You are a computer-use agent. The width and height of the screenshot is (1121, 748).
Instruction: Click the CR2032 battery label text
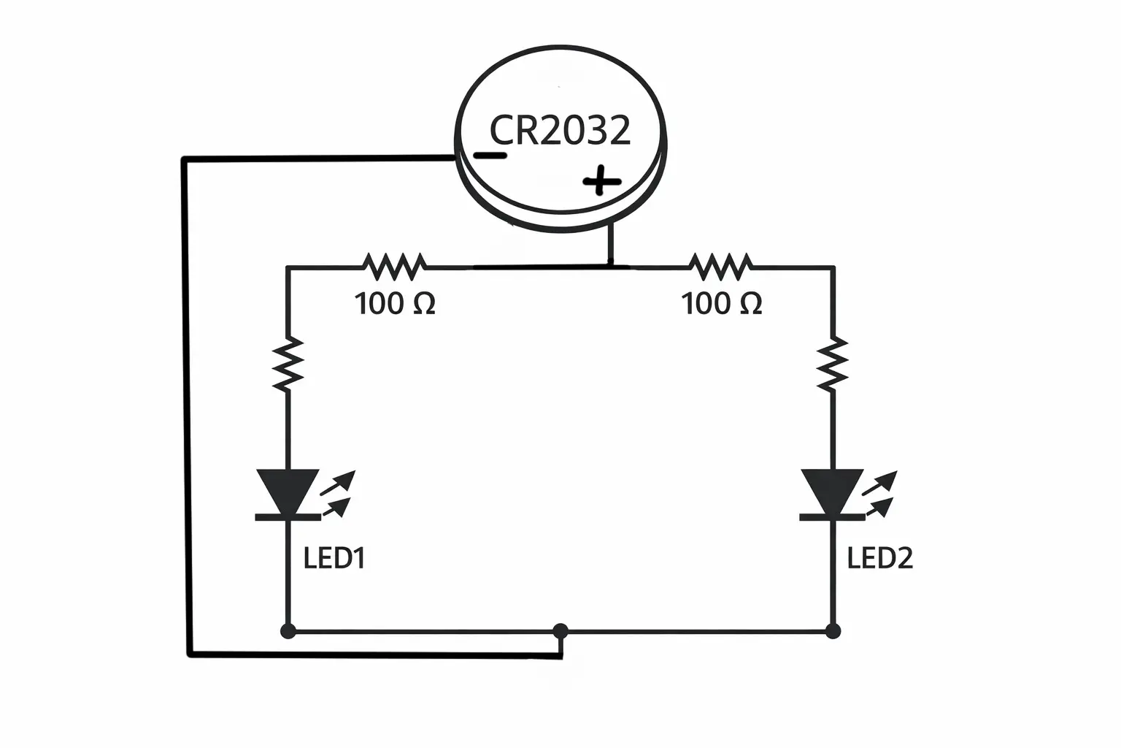pos(560,130)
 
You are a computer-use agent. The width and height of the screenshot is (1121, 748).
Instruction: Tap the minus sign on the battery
pos(490,156)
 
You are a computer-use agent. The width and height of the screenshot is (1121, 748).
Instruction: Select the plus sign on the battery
pos(602,180)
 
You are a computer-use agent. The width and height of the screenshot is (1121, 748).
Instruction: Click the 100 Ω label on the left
pos(395,304)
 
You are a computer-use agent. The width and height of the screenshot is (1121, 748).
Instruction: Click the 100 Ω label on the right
pos(722,304)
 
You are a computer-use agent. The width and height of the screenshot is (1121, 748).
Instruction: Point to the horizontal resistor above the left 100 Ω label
pos(394,267)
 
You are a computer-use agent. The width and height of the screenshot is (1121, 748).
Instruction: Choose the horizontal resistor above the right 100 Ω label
pos(720,267)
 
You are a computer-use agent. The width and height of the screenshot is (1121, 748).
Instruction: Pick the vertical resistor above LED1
pos(288,365)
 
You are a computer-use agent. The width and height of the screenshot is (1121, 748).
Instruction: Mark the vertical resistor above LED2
pos(832,365)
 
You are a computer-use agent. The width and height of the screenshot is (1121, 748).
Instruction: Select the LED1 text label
pos(334,558)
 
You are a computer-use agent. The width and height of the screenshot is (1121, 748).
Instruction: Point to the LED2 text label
pos(879,558)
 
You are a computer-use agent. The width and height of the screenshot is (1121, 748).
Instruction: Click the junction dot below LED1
pos(288,631)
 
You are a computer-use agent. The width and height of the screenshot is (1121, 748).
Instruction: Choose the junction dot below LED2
pos(833,631)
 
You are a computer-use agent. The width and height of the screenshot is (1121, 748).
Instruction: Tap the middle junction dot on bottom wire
pos(560,631)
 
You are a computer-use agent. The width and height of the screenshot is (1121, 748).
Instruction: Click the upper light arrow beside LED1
pos(338,482)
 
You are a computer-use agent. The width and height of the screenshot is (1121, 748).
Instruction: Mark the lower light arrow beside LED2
pos(879,507)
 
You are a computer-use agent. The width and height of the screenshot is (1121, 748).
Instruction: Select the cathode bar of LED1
pos(288,518)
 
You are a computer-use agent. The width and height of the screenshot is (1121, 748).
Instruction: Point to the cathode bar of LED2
pos(832,518)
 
